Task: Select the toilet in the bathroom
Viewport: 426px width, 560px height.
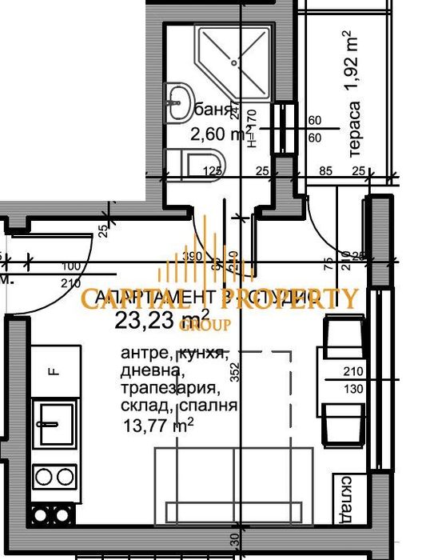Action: click(205, 163)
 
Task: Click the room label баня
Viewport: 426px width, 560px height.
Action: click(221, 110)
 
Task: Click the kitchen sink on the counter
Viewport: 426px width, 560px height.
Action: click(56, 423)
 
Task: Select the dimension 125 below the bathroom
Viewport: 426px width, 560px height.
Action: click(212, 170)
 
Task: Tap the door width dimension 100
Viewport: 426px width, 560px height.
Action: click(72, 266)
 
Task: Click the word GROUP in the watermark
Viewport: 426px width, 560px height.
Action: click(205, 324)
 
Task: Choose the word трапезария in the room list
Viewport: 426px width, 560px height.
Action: click(169, 390)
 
